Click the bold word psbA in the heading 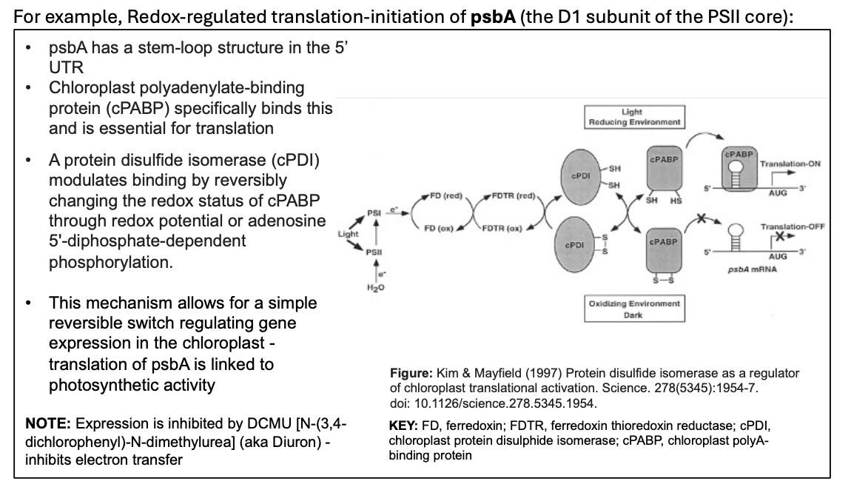(x=493, y=16)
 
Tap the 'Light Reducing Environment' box (x=632, y=116)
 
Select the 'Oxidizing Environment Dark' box (x=633, y=309)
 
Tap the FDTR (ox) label (x=502, y=227)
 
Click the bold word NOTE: (x=48, y=424)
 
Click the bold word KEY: (x=403, y=427)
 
